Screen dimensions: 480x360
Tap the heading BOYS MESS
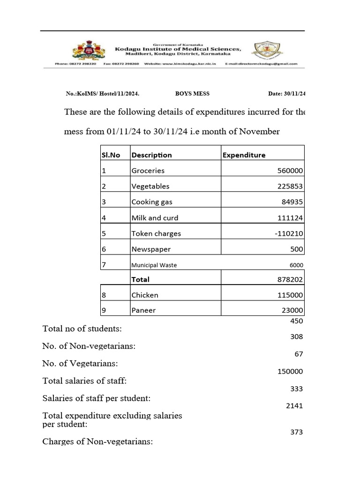192,94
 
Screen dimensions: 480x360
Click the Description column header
151,155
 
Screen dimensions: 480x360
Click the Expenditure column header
244,155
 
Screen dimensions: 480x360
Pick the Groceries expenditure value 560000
290,171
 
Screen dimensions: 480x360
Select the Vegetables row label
150,187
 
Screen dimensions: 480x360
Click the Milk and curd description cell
155,218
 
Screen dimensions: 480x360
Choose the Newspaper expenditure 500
297,249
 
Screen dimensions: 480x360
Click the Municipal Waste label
154,265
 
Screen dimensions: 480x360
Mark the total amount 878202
290,279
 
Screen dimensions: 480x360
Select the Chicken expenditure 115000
290,295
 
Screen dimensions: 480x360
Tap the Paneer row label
143,310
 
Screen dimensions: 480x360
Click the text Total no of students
82,329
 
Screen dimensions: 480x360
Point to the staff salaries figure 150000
290,372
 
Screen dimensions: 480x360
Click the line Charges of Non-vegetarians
97,442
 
